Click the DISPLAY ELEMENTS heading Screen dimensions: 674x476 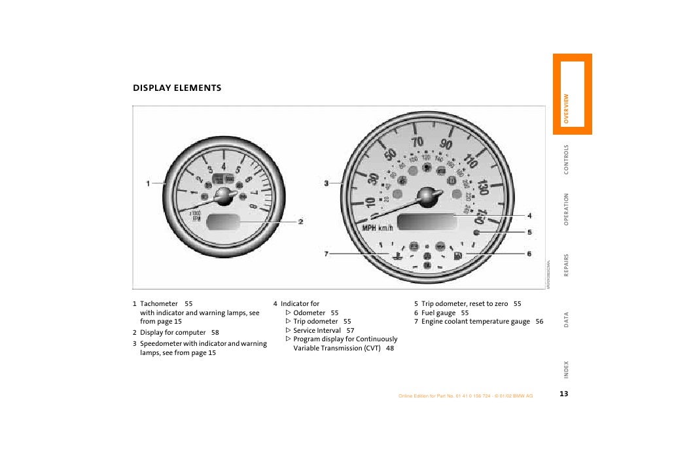pos(177,88)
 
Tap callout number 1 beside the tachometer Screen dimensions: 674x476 pos(148,183)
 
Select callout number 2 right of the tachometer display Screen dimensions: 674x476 pos(300,222)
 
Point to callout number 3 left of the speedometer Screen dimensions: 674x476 pos(326,184)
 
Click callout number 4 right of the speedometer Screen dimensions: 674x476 pos(529,216)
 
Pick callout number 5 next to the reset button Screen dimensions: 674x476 pos(529,232)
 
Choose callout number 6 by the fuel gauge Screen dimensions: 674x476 pos(529,254)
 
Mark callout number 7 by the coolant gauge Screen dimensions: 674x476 pos(326,254)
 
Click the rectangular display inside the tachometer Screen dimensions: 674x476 pos(223,222)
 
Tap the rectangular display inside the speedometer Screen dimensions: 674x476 pos(427,222)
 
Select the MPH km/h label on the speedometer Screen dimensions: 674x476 pos(378,228)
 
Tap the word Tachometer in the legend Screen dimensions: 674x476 pos(159,304)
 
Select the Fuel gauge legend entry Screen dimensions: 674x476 pos(438,313)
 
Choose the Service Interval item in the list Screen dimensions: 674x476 pos(317,330)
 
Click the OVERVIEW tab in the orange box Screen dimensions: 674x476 pos(567,109)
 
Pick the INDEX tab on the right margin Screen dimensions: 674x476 pos(567,370)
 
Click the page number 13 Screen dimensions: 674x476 pos(563,394)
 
